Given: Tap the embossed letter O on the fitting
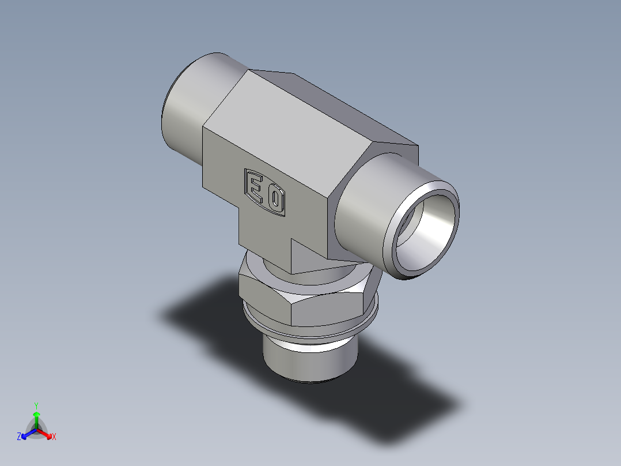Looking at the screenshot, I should click(275, 200).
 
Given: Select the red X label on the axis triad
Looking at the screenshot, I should click(54, 437).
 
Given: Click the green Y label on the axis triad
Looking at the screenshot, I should click(36, 405).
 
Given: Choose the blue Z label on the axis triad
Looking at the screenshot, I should click(19, 437).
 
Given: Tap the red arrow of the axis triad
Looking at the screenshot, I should click(46, 433).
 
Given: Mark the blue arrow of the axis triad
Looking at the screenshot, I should click(26, 433).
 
